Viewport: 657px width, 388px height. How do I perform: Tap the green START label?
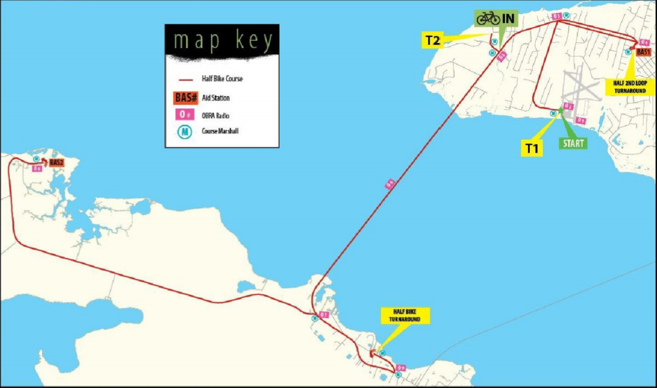573,143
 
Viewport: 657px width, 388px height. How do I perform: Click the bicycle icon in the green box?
488,19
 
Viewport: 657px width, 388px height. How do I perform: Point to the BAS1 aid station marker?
643,51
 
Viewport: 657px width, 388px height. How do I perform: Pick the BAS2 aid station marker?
56,163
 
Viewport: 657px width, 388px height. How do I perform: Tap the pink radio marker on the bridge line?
389,184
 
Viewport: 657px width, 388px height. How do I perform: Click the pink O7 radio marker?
324,315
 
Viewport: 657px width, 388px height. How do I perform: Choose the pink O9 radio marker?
401,368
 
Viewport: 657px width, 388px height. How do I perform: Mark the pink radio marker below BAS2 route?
37,168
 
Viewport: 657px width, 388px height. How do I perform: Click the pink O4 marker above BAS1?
644,42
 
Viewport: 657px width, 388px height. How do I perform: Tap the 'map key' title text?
223,41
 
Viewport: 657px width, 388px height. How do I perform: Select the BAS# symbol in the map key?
186,98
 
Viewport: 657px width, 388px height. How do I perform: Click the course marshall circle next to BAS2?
36,159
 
